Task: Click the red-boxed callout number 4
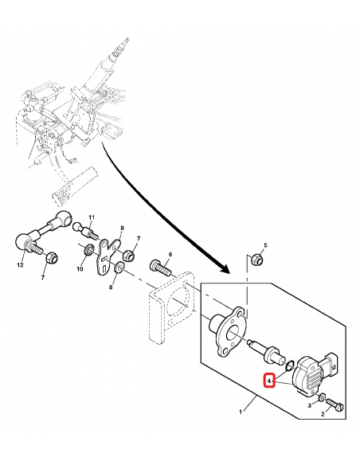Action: point(271,381)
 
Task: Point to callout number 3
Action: point(310,406)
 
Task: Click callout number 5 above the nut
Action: point(265,244)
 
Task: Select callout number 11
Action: point(91,218)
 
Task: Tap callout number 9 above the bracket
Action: point(123,228)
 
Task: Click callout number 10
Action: point(80,269)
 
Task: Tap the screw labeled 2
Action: point(335,404)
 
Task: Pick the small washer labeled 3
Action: point(322,397)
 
